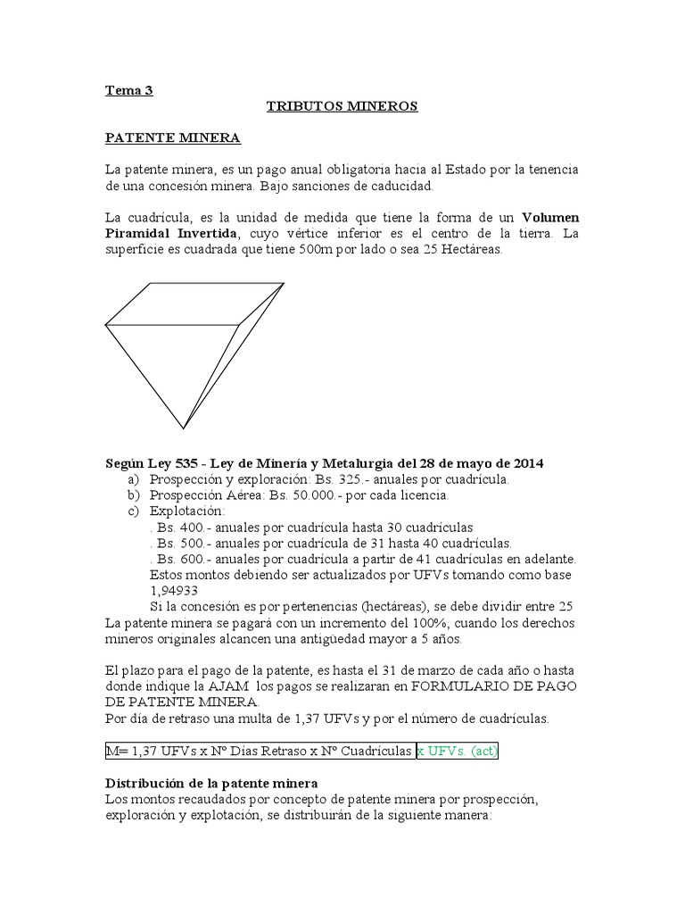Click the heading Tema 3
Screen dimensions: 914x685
click(x=129, y=89)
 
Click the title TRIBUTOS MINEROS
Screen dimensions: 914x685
click(x=342, y=106)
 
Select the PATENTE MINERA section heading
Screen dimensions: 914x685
click(x=172, y=138)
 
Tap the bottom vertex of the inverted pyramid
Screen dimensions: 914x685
click(x=184, y=428)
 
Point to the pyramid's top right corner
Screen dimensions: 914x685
click(x=284, y=284)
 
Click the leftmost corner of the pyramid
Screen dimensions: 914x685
click(x=106, y=323)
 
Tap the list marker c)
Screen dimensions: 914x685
click(x=135, y=511)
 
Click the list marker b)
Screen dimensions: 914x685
click(x=135, y=495)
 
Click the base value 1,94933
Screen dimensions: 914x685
click(x=174, y=591)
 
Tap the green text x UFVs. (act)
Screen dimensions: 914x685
click(x=457, y=752)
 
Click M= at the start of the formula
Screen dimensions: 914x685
click(x=117, y=752)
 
